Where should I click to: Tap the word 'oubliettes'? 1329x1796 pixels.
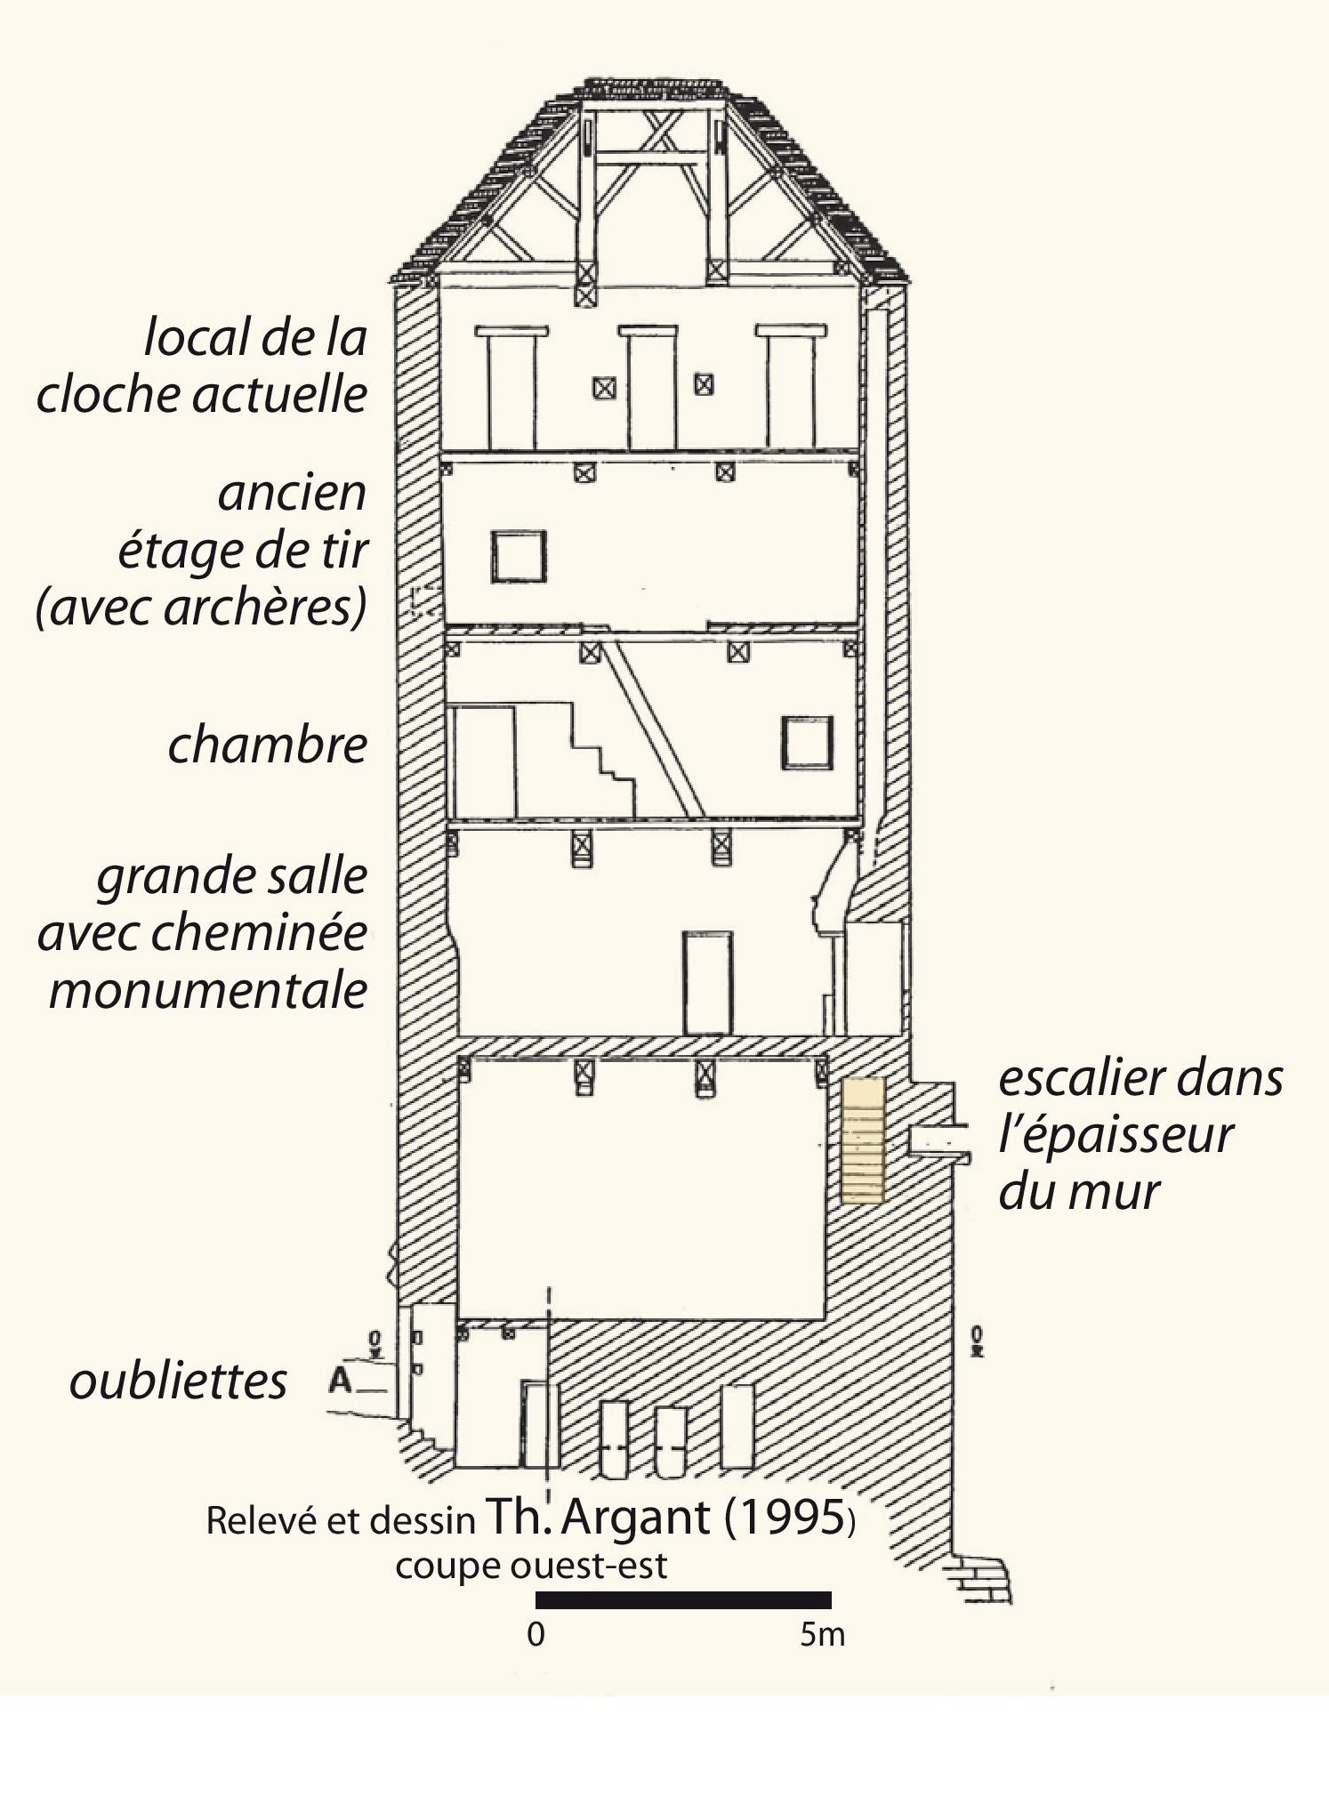click(x=178, y=1381)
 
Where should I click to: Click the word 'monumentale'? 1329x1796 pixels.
click(x=208, y=989)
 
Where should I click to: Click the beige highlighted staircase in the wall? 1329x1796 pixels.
click(x=863, y=1140)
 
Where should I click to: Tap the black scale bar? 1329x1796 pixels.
click(x=683, y=1600)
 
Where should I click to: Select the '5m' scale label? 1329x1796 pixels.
click(x=822, y=1634)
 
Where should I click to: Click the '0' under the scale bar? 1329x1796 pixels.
click(x=536, y=1634)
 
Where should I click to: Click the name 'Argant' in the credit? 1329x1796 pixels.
click(x=636, y=1518)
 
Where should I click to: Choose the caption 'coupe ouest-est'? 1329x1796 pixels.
click(x=531, y=1566)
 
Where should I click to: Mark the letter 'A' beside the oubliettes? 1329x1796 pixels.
click(x=341, y=1381)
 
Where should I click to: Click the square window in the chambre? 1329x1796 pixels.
click(x=808, y=743)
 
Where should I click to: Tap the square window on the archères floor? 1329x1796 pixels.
click(x=519, y=557)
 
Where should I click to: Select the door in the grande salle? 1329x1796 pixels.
click(x=708, y=983)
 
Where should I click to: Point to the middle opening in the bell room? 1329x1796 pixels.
click(x=648, y=387)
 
